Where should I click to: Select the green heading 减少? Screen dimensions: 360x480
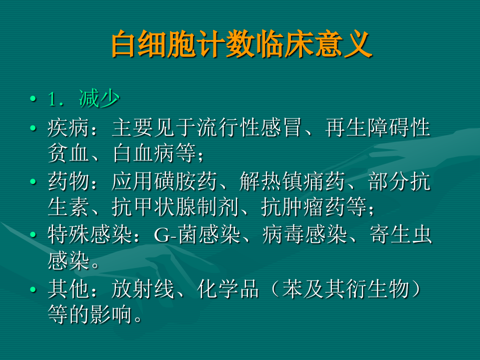[x=99, y=99]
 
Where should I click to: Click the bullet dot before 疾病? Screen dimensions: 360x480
[x=33, y=128]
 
